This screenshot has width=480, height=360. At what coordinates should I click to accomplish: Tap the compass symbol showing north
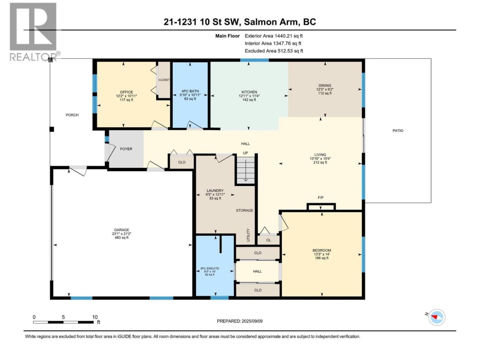coord(436,317)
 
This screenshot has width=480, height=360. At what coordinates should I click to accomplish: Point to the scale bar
coord(63,322)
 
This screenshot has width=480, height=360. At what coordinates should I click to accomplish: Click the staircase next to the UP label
coord(245,170)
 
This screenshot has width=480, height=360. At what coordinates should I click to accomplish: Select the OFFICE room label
coord(126,92)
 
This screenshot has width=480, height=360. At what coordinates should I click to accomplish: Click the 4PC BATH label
coord(190,91)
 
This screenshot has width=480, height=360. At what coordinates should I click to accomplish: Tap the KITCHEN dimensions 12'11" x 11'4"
coord(249,96)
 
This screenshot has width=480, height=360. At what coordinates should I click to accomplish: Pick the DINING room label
coord(325,85)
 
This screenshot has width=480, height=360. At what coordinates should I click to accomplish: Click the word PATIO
coord(398,130)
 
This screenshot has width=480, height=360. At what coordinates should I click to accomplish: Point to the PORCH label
coord(72,115)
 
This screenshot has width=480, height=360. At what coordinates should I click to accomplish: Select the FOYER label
coord(126,149)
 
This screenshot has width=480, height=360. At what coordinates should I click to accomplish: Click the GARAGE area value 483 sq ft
coord(121,237)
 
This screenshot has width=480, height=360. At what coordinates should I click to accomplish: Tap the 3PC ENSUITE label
coord(210,268)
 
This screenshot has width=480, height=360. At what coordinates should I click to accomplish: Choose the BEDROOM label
coord(322,250)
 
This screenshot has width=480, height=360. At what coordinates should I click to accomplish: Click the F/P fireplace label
coord(321,198)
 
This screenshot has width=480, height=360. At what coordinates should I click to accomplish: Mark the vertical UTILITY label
coord(248,235)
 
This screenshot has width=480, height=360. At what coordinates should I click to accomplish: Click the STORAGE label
coord(244,210)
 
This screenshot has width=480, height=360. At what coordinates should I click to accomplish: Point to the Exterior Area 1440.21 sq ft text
coord(274,36)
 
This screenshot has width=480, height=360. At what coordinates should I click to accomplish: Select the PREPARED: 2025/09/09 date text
coord(240,321)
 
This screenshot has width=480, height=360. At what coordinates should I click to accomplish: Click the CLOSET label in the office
coord(164,80)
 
